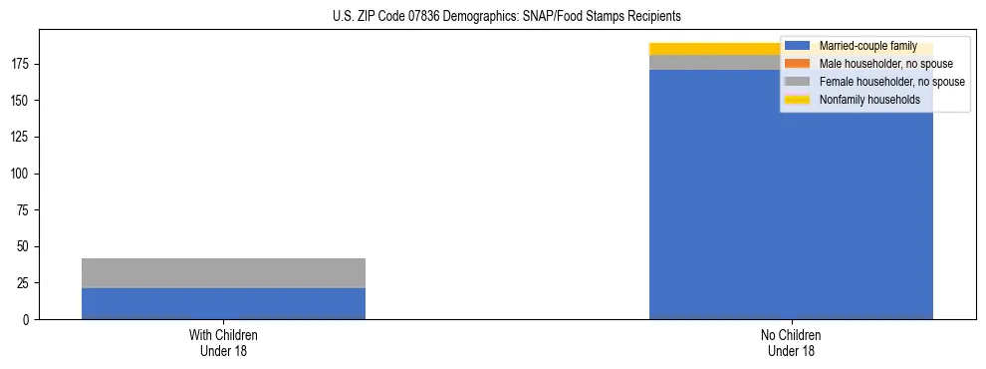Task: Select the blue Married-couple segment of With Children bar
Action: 223,303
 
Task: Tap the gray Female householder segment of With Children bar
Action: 223,273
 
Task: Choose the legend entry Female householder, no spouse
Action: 891,82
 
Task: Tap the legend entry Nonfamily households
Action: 869,100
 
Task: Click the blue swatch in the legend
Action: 798,46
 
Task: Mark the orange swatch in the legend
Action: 798,64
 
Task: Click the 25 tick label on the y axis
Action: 27,283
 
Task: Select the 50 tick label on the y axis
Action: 27,246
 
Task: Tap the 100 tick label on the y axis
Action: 24,174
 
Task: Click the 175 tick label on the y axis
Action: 24,65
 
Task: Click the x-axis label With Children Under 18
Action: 223,343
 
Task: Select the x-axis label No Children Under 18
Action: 791,343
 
